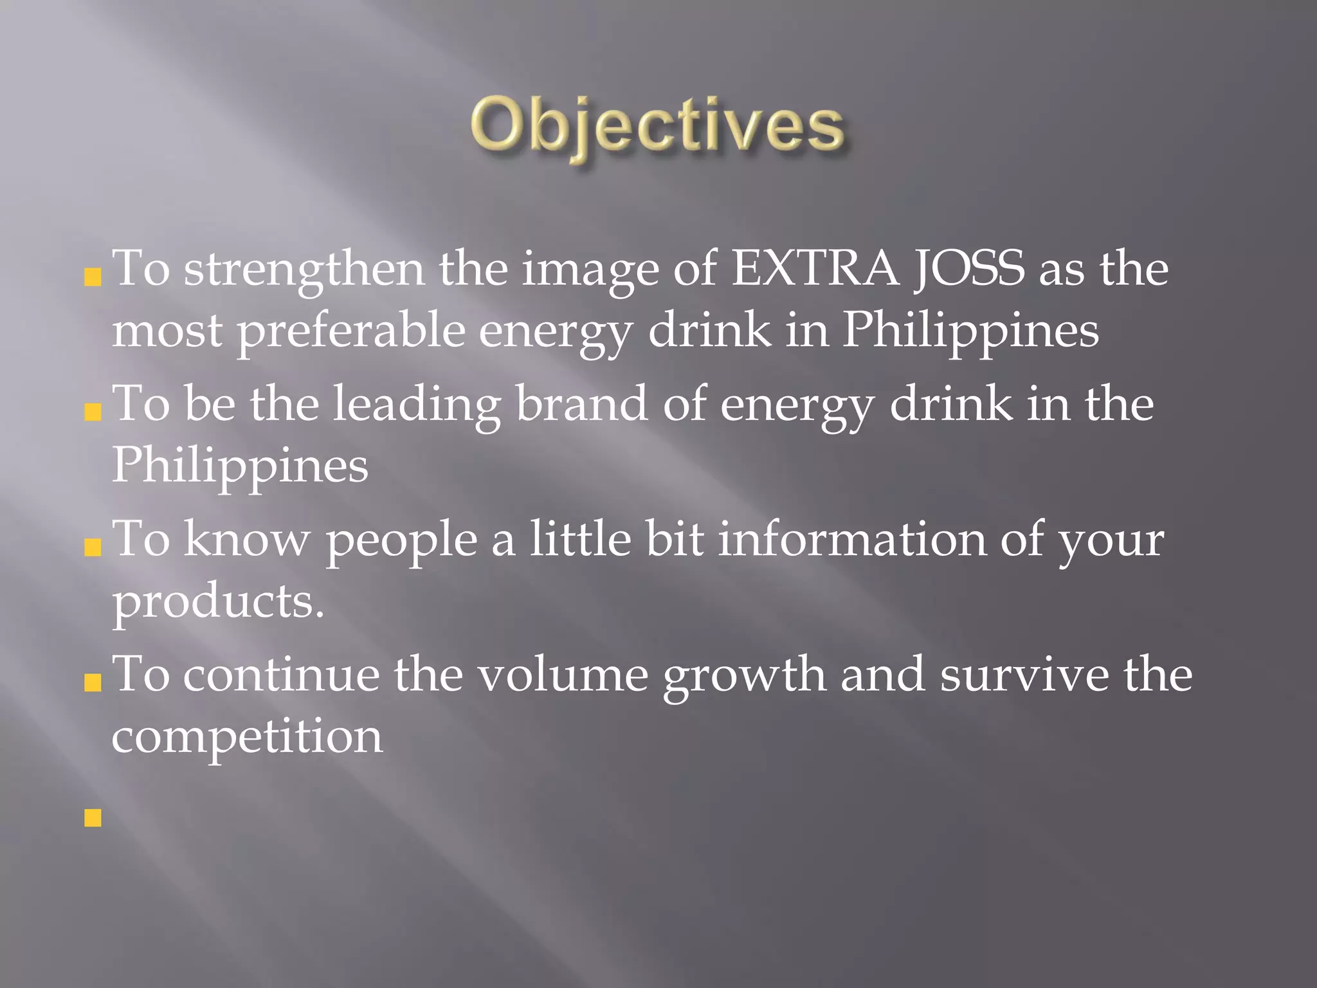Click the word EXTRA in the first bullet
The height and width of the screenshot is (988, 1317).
click(815, 268)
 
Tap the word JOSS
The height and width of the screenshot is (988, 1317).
click(969, 268)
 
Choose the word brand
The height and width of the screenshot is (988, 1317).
click(581, 403)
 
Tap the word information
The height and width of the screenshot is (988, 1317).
click(851, 539)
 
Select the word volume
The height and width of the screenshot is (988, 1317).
click(563, 675)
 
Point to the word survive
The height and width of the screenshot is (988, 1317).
click(1024, 675)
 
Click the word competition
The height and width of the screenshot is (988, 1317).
click(247, 737)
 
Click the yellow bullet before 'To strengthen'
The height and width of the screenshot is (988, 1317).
click(93, 277)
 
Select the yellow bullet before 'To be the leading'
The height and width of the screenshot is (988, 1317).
click(93, 412)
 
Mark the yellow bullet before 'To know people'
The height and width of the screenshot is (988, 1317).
click(93, 547)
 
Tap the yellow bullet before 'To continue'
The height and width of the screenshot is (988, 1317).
click(93, 682)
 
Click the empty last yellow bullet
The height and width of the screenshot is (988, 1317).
click(93, 818)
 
